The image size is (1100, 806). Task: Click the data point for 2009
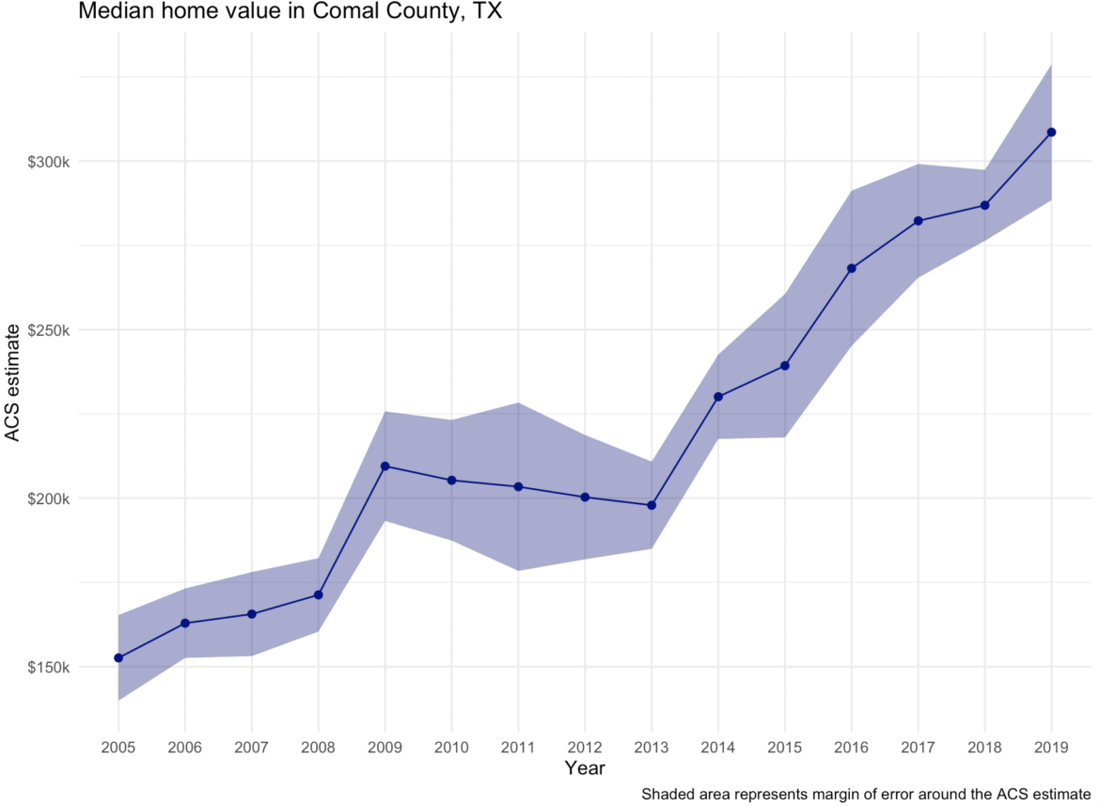click(385, 466)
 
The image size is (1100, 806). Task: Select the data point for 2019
click(1051, 133)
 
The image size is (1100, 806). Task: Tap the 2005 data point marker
click(118, 657)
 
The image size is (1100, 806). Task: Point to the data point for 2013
click(652, 505)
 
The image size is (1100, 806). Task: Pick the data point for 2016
click(852, 268)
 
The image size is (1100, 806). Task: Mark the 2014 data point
click(718, 397)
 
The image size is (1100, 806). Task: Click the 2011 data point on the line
click(518, 486)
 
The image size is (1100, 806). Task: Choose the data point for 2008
click(319, 594)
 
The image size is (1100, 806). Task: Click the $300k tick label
click(48, 162)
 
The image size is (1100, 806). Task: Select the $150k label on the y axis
click(48, 667)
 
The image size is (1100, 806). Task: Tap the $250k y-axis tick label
click(48, 330)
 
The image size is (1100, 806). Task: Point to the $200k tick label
click(48, 498)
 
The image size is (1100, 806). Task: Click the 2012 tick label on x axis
click(585, 747)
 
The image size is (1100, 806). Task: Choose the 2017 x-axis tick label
click(918, 747)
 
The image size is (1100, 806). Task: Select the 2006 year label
click(185, 747)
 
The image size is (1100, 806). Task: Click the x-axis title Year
click(585, 768)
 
